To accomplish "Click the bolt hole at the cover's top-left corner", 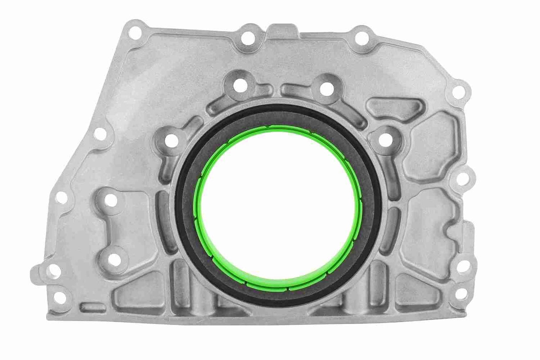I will [x=133, y=32].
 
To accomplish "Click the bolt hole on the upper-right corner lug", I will [x=458, y=92].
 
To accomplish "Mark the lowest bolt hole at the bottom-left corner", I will [x=60, y=298].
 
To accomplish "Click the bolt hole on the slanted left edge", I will [x=101, y=134].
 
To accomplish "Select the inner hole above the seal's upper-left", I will [x=241, y=86].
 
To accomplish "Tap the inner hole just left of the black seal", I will [x=172, y=141].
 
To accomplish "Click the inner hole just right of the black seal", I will [x=386, y=140].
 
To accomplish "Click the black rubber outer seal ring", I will [x=185, y=209].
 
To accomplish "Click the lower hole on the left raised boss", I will [x=115, y=260].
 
